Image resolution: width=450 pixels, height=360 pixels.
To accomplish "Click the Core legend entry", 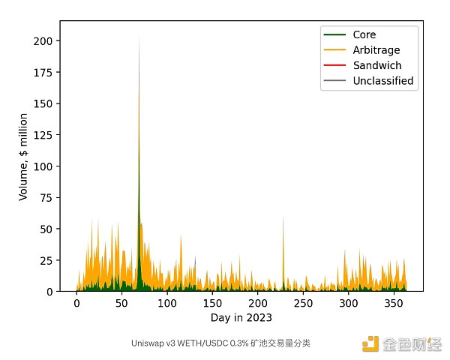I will coord(364,34).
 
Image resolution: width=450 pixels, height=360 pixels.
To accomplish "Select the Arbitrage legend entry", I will coord(376,50).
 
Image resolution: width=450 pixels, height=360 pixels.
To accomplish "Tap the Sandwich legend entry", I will coord(376,65).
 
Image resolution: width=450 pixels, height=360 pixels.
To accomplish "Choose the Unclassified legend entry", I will coord(382,81).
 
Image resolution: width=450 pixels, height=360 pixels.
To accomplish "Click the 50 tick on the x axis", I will coord(121,304).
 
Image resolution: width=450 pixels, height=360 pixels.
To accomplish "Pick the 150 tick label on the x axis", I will coord(212,304).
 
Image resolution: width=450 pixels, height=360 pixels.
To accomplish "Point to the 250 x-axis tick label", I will coord(303,304).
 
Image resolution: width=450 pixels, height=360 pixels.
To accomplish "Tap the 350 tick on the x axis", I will coord(394,304).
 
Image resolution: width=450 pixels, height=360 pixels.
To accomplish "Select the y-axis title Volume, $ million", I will coord(24,156).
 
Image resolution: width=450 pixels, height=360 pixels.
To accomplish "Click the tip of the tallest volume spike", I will coord(139,36).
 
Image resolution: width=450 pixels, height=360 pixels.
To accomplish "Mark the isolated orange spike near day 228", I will coord(283,216).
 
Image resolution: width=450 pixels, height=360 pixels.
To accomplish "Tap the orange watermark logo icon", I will coord(370,343).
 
